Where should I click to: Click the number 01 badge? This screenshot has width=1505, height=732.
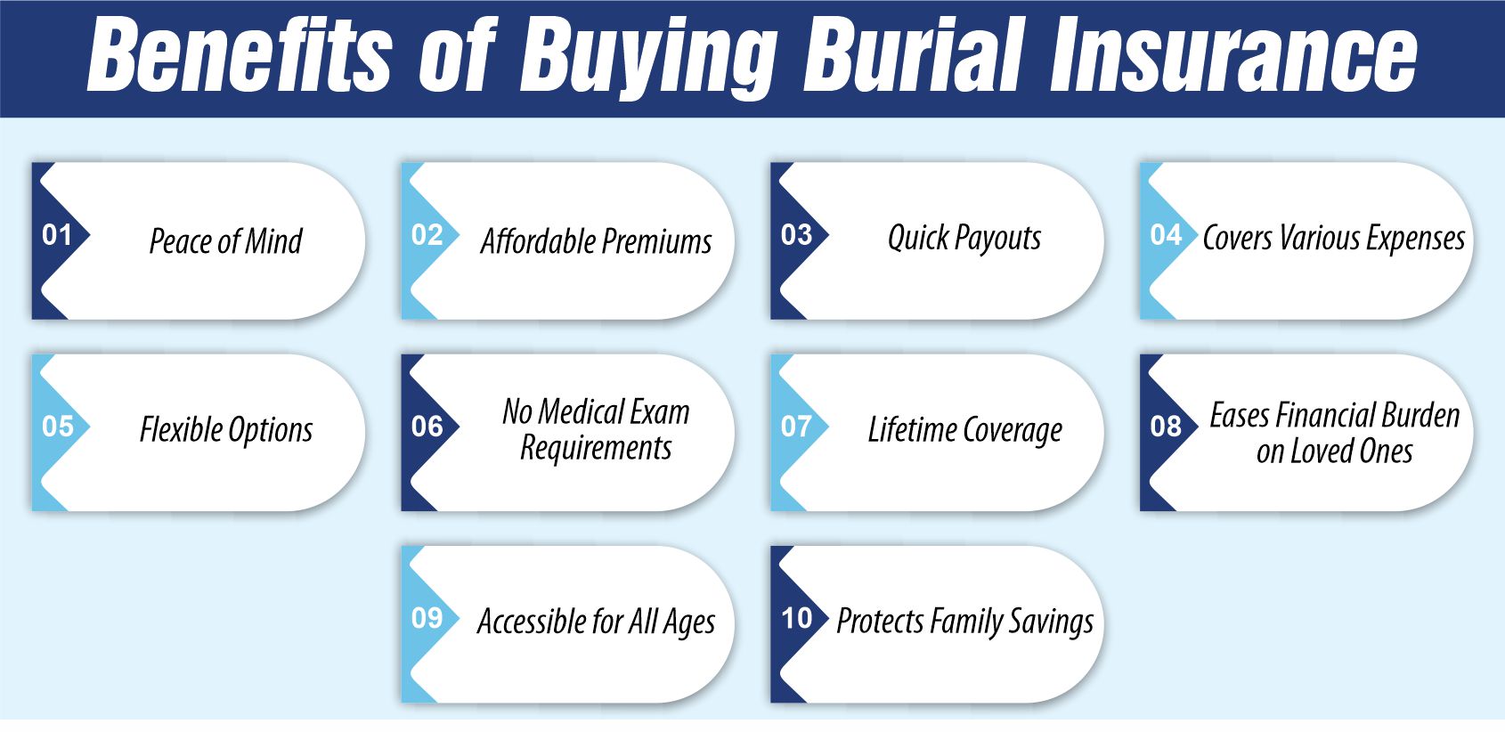point(57,235)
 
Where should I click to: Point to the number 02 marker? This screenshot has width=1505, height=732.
point(427,235)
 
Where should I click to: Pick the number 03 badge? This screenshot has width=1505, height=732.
point(796,235)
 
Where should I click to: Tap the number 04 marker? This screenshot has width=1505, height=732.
point(1166,235)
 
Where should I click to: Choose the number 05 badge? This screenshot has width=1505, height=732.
point(57,427)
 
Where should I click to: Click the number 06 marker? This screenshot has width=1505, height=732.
point(427,427)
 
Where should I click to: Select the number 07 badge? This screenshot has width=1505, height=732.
point(796,427)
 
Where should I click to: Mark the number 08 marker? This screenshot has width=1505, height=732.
point(1166,427)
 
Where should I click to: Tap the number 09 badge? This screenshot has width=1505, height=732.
point(427,618)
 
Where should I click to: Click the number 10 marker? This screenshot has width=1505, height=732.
point(796,618)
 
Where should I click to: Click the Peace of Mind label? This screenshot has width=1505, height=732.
point(225,241)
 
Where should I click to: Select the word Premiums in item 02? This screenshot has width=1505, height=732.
point(656,241)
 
